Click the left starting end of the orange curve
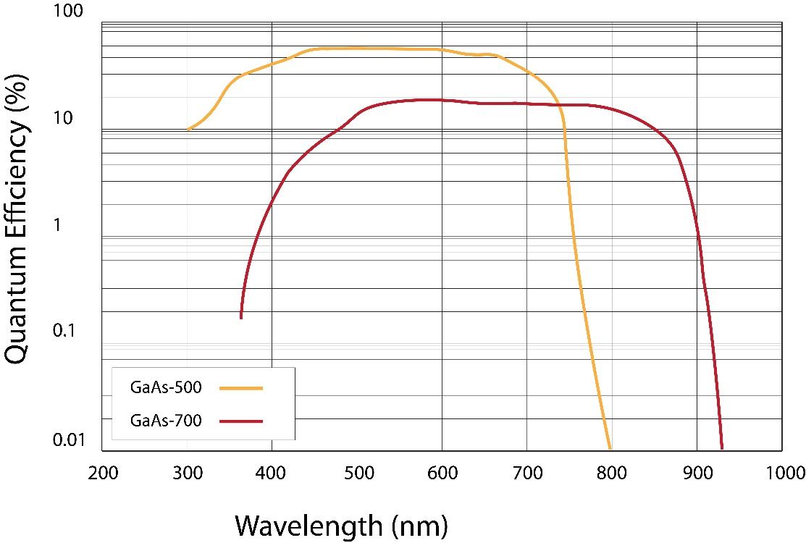[x=188, y=130]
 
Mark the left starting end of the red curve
[x=241, y=317]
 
